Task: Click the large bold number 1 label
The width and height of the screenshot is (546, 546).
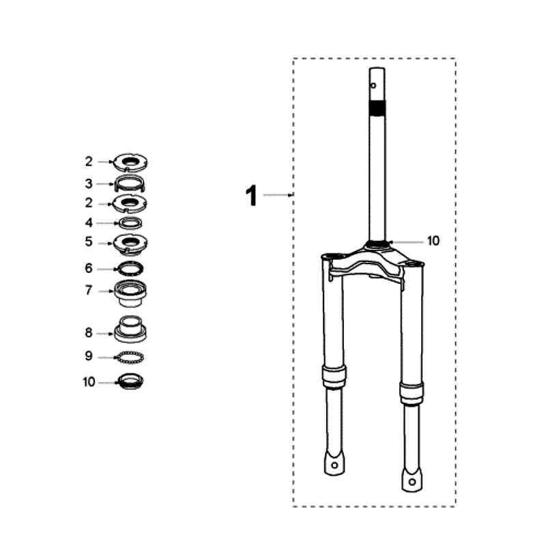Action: pos(252,196)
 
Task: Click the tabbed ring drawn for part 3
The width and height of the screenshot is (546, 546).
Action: pos(130,184)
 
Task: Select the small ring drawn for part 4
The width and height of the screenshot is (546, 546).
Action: pos(130,222)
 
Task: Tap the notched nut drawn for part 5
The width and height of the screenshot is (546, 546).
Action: pos(130,242)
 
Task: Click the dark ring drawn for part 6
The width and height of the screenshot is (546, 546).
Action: pos(130,268)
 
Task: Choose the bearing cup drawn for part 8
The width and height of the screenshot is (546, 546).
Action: pos(130,329)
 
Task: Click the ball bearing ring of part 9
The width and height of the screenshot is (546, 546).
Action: pos(130,356)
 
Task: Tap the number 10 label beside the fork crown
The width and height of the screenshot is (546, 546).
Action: pos(433,241)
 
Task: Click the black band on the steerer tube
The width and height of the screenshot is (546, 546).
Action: pos(377,107)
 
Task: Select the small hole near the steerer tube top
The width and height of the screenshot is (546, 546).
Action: pos(373,86)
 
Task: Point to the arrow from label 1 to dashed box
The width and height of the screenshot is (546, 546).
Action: pos(278,195)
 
